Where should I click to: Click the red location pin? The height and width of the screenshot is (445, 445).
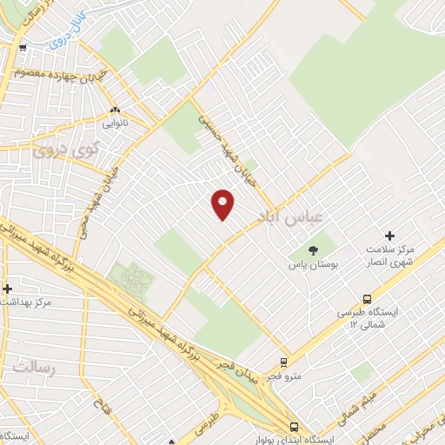(223, 204)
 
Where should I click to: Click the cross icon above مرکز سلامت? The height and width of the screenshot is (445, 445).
(389, 236)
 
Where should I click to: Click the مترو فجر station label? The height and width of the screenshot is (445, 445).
(283, 375)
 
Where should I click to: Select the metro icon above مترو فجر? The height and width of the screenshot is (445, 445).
(283, 362)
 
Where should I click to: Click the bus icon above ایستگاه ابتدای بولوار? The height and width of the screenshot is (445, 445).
(293, 427)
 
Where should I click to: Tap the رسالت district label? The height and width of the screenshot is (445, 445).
(33, 369)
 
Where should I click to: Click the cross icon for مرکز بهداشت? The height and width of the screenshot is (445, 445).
(8, 289)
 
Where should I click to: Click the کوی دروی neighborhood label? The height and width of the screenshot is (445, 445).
(62, 149)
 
